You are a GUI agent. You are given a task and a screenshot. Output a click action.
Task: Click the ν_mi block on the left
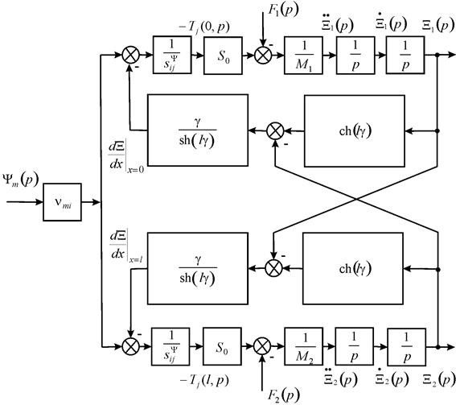pyautogui.click(x=62, y=202)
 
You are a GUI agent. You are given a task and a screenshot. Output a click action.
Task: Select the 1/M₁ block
pyautogui.click(x=303, y=55)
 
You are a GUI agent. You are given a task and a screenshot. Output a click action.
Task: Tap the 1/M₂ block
pyautogui.click(x=304, y=346)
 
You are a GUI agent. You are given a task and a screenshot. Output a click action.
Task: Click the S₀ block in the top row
pyautogui.click(x=223, y=56)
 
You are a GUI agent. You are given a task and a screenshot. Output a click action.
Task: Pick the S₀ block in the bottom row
pyautogui.click(x=222, y=346)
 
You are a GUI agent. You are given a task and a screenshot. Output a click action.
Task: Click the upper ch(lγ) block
pyautogui.click(x=355, y=130)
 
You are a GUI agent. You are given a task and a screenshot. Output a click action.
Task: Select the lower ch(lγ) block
pyautogui.click(x=353, y=268)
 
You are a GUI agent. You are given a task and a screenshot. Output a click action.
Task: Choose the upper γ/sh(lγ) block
pyautogui.click(x=198, y=130)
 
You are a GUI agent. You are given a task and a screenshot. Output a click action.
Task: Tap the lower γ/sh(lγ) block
pyautogui.click(x=198, y=268)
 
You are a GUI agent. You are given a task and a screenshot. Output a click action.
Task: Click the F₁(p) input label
pyautogui.click(x=283, y=10)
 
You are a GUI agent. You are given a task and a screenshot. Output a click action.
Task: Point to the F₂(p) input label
pyautogui.click(x=283, y=396)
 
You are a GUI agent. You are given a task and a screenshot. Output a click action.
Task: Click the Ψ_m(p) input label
pyautogui.click(x=20, y=180)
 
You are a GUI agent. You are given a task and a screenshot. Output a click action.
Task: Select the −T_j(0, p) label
pyautogui.click(x=203, y=27)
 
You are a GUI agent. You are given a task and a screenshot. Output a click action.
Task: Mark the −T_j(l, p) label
pyautogui.click(x=204, y=380)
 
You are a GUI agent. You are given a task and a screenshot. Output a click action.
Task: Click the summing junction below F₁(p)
pyautogui.click(x=263, y=55)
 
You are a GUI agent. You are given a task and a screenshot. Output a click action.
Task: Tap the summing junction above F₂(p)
pyautogui.click(x=262, y=346)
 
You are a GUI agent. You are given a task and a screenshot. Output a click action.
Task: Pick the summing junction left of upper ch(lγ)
pyautogui.click(x=275, y=131)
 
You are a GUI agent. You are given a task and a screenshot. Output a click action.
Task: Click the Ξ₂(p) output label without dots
pyautogui.click(x=438, y=380)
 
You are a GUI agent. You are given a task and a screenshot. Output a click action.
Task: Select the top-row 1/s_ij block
pyautogui.click(x=172, y=55)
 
